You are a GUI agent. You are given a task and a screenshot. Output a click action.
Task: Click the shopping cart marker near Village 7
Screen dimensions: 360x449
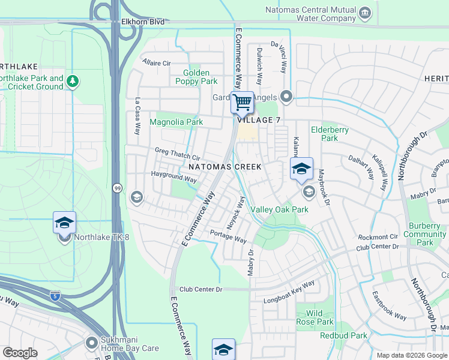[x=243, y=103]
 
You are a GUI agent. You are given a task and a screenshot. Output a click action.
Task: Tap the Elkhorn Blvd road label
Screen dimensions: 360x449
[x=143, y=22]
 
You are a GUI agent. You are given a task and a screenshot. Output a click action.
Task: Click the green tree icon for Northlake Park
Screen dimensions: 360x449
[x=73, y=80]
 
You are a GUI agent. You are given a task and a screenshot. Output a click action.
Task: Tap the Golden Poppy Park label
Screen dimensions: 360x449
[x=196, y=77]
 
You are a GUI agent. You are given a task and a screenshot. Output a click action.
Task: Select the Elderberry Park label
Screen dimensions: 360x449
[x=325, y=133]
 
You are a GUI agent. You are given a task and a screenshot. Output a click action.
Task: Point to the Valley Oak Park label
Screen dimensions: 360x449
[x=279, y=209]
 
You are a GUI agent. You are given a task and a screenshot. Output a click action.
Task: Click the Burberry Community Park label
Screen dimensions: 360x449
[x=425, y=234]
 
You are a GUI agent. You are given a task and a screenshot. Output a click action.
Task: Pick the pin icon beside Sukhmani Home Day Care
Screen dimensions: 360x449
[x=91, y=343]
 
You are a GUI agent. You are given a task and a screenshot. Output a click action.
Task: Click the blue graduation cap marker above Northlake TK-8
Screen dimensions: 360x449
[x=64, y=223]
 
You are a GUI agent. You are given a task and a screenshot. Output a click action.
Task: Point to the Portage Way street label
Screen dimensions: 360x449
[x=228, y=236]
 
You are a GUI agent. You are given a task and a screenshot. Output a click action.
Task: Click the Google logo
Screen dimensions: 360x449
[x=20, y=353]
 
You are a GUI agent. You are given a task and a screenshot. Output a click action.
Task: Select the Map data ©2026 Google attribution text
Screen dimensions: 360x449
[x=411, y=355]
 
